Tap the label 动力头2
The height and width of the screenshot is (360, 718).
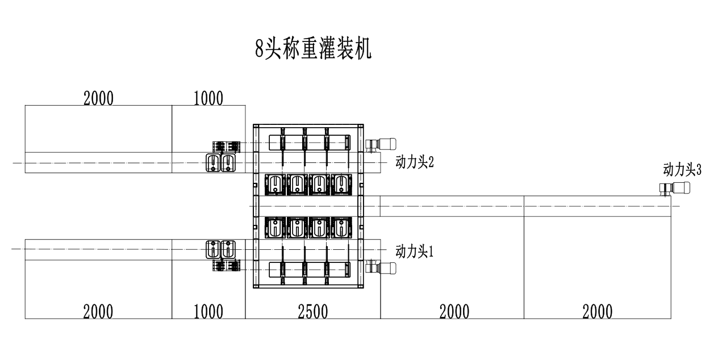pos(414,162)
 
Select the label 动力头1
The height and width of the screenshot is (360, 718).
pos(414,252)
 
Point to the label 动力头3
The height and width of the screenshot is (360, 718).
pos(682,169)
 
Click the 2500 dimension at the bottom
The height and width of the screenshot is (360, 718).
pos(312,312)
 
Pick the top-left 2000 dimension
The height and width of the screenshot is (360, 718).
pos(98,99)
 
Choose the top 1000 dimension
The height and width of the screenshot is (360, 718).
pos(208,99)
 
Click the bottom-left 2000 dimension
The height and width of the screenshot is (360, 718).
pos(98,312)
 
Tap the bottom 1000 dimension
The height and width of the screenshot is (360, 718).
pos(208,312)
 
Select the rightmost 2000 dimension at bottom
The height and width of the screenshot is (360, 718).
pos(597,312)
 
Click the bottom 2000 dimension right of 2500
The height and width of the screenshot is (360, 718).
pos(454,312)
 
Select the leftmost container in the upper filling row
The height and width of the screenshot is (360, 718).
pos(275,183)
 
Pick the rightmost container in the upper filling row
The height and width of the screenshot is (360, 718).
pos(341,183)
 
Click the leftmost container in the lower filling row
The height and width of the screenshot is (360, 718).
pos(275,228)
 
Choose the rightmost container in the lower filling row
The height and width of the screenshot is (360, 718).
pos(341,228)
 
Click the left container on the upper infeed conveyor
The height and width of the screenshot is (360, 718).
pos(213,163)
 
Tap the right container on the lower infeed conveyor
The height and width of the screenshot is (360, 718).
pos(228,249)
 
